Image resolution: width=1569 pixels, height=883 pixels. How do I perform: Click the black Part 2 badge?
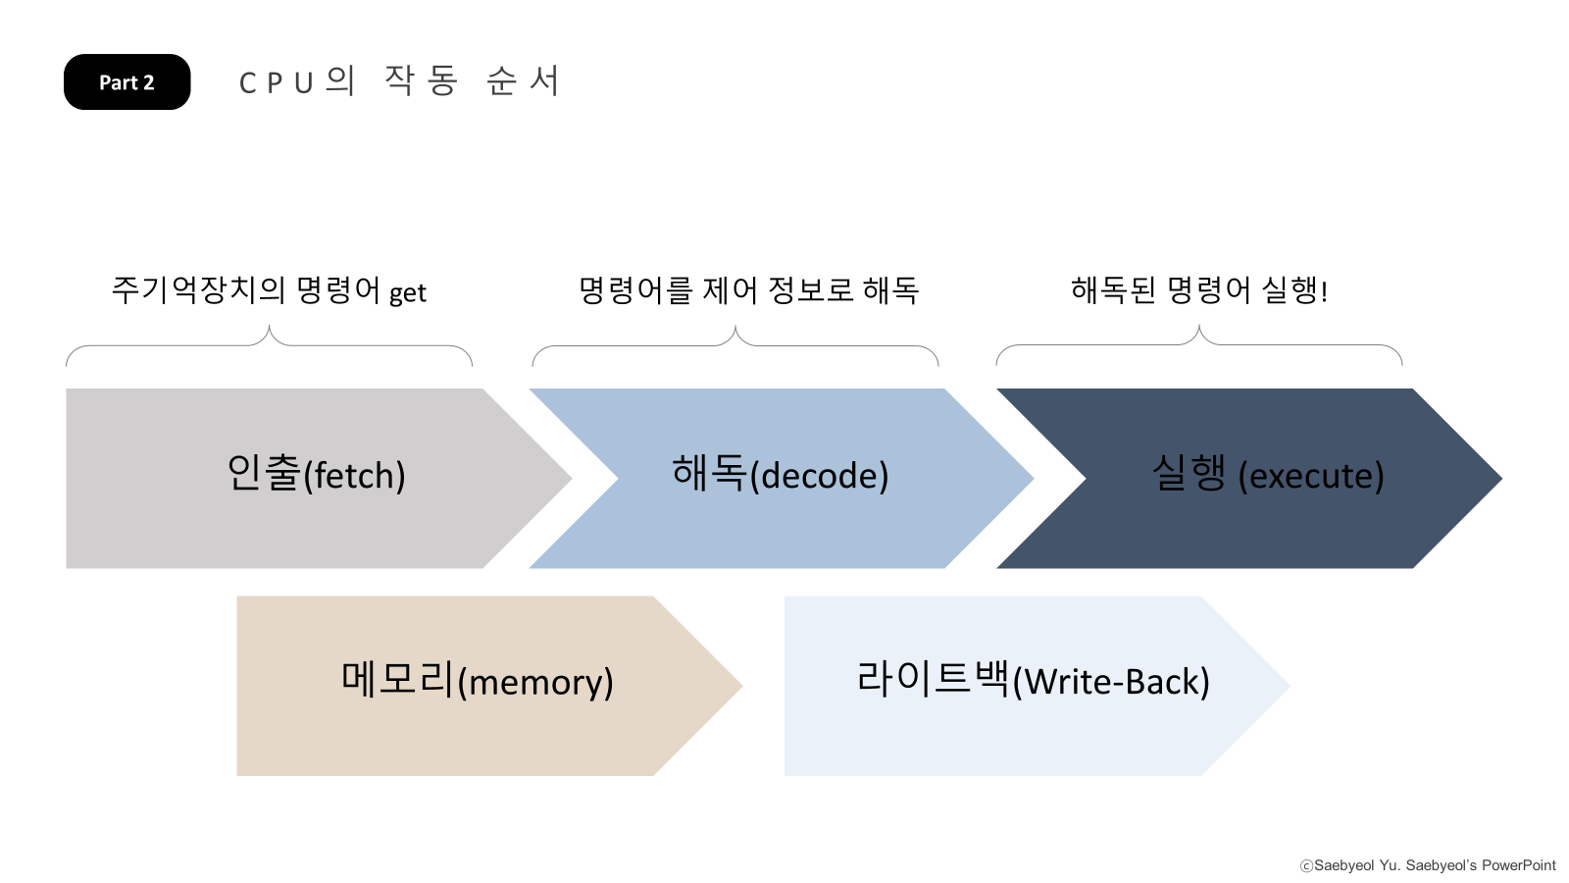(127, 82)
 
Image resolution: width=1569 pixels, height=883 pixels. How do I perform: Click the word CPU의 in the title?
(296, 81)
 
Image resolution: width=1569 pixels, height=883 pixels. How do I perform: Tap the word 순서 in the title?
(523, 81)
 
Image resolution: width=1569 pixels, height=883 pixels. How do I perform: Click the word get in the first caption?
(408, 293)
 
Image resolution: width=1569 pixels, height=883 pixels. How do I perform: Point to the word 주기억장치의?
(198, 290)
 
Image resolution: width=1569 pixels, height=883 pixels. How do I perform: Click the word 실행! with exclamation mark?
(1294, 290)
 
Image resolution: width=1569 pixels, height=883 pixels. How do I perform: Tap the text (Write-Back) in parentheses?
(1110, 682)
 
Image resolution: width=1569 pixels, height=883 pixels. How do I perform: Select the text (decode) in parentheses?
(819, 476)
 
